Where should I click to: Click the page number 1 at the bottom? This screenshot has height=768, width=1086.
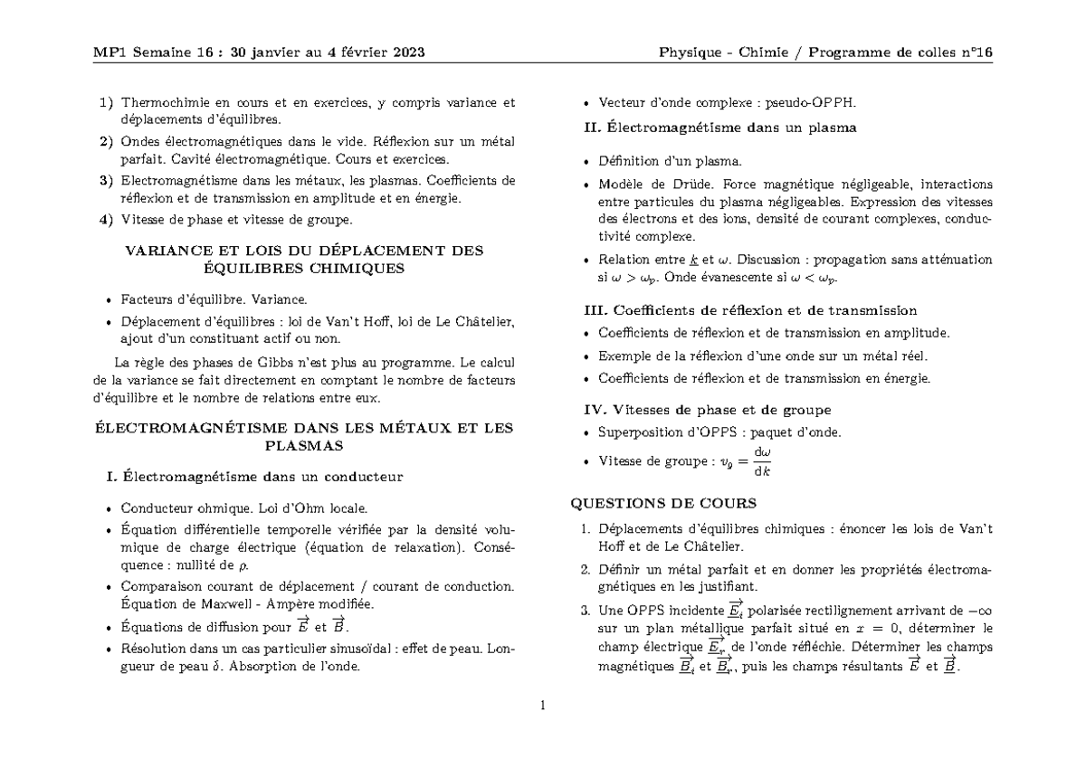coord(542,706)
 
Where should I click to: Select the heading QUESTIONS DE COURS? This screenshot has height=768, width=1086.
coord(662,503)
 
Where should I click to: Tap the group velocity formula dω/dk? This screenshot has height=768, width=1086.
coord(763,461)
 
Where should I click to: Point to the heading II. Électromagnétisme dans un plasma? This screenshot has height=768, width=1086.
coord(721,128)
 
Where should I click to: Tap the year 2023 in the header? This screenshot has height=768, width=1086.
coord(405,52)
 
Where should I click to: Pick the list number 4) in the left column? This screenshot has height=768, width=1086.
coord(107,219)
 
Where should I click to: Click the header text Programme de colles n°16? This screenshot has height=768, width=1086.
coord(901,52)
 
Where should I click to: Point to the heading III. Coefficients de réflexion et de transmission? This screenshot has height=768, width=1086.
coord(752,310)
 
